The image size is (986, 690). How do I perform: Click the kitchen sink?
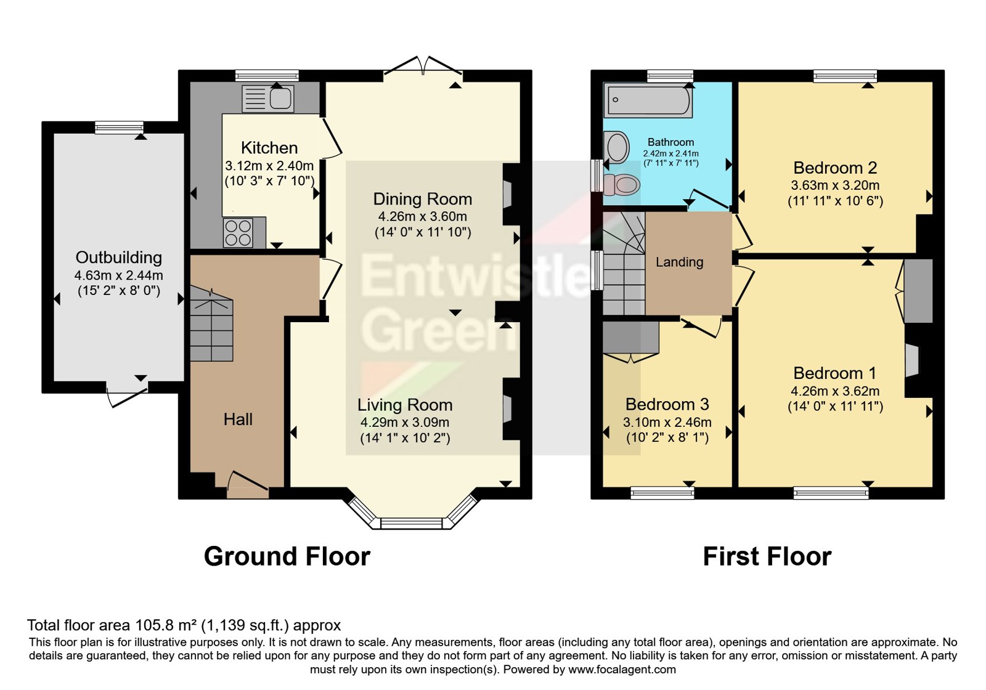[x=268, y=98]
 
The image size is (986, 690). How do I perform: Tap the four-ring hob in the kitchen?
[x=238, y=232]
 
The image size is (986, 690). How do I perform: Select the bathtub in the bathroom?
[x=648, y=100]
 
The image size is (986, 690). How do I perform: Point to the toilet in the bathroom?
[x=621, y=185]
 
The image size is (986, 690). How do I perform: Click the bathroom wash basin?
[x=616, y=147]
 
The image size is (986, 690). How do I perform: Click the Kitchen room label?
[x=269, y=148]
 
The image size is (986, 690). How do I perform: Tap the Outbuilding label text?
[x=119, y=258]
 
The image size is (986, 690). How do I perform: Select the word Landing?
[x=679, y=262]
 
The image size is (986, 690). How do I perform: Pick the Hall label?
[x=238, y=420]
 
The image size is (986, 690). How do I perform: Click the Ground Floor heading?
[x=287, y=557]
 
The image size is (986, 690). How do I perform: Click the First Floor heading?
[x=767, y=557]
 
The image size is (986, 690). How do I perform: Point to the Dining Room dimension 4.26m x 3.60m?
[x=423, y=216]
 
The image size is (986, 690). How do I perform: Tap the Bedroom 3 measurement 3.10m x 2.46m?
[x=667, y=423]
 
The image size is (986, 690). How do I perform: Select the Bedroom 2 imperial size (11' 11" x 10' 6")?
[x=836, y=201]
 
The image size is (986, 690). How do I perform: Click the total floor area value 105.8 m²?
[x=166, y=625]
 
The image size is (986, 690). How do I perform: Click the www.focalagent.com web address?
[x=622, y=670]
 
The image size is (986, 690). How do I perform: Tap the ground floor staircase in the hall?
[x=211, y=324]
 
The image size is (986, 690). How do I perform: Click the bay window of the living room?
[x=412, y=513]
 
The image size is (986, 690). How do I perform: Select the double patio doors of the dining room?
[x=423, y=70]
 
